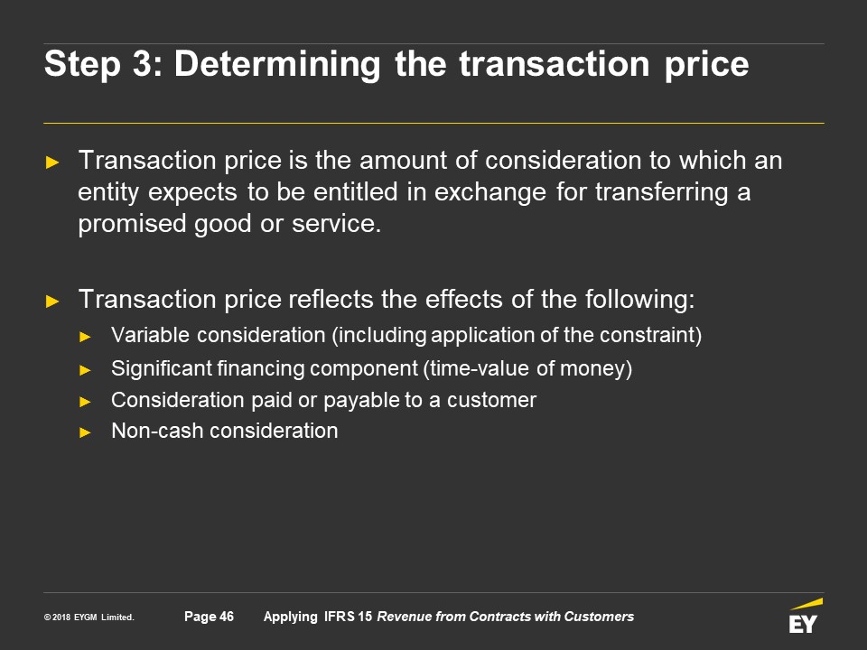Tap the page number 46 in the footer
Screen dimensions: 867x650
click(x=227, y=617)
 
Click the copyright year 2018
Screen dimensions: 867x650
click(x=61, y=617)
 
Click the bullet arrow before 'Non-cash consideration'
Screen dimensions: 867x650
click(x=85, y=432)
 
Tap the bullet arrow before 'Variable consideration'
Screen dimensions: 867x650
click(x=85, y=337)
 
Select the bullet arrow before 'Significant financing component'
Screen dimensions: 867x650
click(x=85, y=370)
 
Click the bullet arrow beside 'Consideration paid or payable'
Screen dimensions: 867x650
click(x=85, y=401)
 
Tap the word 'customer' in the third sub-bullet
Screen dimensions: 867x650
click(x=491, y=400)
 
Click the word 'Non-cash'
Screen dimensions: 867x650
click(x=157, y=432)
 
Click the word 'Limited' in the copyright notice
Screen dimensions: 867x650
click(x=117, y=617)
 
